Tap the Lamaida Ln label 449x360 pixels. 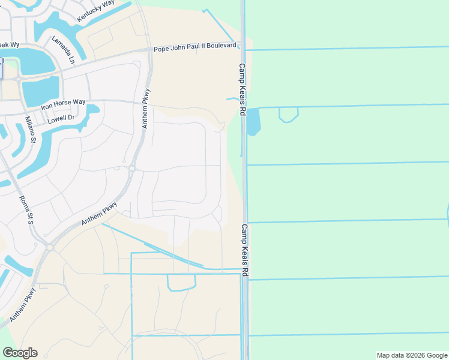click(62, 50)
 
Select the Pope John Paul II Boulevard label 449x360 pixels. click(194, 46)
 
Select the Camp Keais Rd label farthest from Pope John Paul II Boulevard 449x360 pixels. click(245, 250)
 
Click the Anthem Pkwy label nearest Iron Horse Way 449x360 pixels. click(146, 108)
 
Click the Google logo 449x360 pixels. click(20, 353)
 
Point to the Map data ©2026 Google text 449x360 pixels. click(412, 355)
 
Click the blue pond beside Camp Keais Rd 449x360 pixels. click(254, 121)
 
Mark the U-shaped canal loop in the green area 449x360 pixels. click(289, 115)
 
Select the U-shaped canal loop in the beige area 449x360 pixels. click(181, 283)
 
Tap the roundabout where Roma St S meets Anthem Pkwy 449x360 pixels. click(50, 247)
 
